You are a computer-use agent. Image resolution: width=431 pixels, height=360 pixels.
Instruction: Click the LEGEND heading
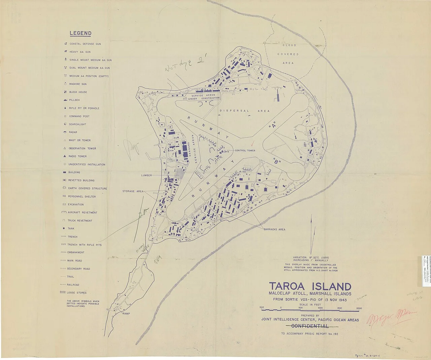click(80, 33)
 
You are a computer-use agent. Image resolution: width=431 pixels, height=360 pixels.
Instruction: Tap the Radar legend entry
click(73, 132)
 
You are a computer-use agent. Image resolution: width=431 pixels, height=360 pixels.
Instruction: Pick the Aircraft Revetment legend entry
click(82, 213)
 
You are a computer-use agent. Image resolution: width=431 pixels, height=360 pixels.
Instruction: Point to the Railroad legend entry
click(73, 285)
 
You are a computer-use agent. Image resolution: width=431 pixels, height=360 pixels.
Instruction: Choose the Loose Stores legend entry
click(76, 293)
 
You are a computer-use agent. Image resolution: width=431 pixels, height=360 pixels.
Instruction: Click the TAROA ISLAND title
click(310, 287)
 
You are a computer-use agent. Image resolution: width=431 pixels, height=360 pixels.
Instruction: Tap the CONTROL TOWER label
click(245, 151)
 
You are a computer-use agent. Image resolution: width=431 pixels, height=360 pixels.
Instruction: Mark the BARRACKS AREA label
click(274, 229)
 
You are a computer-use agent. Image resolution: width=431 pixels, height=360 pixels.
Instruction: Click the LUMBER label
click(146, 175)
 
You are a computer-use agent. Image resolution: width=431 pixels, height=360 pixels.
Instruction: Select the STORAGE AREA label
click(133, 191)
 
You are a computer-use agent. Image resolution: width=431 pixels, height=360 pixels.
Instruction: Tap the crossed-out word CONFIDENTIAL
click(310, 326)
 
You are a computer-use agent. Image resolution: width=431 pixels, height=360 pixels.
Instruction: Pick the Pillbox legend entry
click(74, 100)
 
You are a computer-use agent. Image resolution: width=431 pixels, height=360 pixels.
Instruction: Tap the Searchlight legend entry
click(77, 124)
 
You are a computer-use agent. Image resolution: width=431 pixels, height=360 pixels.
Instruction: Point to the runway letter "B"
click(277, 161)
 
